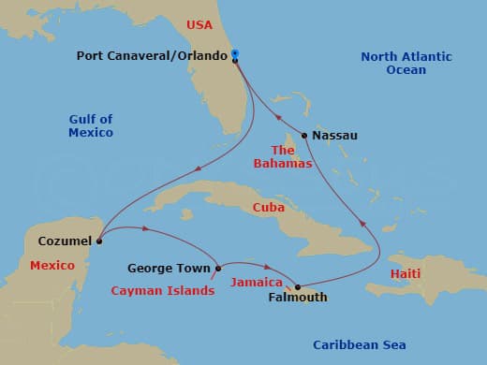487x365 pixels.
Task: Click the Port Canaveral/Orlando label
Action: click(x=153, y=56)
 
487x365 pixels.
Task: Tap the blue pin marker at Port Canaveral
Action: click(x=235, y=54)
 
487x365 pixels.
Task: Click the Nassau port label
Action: click(x=334, y=136)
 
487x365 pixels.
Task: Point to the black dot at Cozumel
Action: click(x=99, y=241)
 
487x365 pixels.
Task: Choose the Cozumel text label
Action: click(x=65, y=241)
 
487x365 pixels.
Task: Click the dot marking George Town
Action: click(x=218, y=269)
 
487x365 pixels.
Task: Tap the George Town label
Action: click(x=169, y=269)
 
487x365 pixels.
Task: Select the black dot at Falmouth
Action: click(x=298, y=286)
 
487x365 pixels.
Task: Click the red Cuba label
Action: click(x=269, y=207)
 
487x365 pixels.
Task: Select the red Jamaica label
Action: click(x=257, y=282)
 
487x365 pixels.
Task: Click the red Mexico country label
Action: click(x=52, y=266)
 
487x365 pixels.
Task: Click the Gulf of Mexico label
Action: click(x=91, y=125)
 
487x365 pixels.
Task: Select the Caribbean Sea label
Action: click(x=360, y=345)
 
